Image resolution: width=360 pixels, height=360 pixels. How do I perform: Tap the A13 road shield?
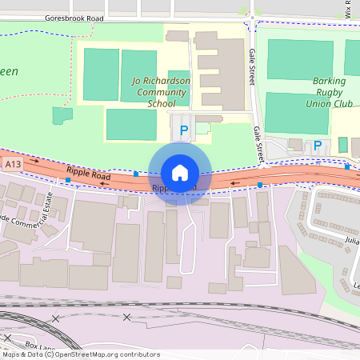click(11, 164)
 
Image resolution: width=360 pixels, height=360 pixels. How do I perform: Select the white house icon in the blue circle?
click(180, 173)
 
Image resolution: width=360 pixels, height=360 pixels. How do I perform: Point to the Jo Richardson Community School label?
click(160, 93)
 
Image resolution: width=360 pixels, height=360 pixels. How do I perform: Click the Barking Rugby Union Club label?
click(330, 92)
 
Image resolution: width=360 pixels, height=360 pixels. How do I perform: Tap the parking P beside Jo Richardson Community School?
click(184, 130)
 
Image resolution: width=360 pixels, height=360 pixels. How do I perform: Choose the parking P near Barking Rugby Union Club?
click(318, 146)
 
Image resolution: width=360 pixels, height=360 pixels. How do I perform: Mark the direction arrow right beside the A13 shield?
click(34, 162)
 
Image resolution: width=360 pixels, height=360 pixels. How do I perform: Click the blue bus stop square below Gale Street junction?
click(261, 185)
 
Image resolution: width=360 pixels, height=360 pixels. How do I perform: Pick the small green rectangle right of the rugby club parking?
click(342, 145)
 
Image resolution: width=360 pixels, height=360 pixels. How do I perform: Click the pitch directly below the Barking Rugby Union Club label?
click(296, 112)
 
